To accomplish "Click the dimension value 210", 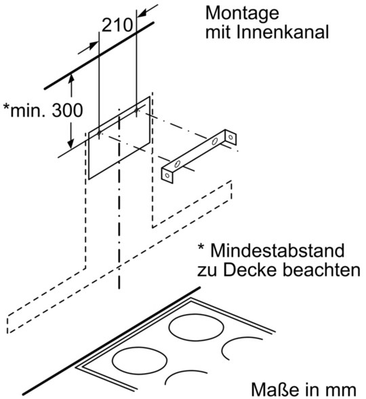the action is click(117, 25).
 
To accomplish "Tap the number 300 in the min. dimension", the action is click(67, 110).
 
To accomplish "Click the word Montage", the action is click(242, 14).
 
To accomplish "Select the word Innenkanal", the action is click(283, 32).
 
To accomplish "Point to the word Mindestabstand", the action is click(278, 250).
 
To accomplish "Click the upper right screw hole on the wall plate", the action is click(137, 110).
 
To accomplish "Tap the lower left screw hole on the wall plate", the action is click(99, 133).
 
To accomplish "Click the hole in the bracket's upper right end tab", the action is click(230, 137).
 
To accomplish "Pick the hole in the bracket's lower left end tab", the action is click(167, 175).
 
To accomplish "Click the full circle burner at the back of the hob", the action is click(196, 327).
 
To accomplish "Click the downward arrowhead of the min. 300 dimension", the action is click(71, 144).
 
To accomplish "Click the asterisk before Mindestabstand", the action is click(201, 246).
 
